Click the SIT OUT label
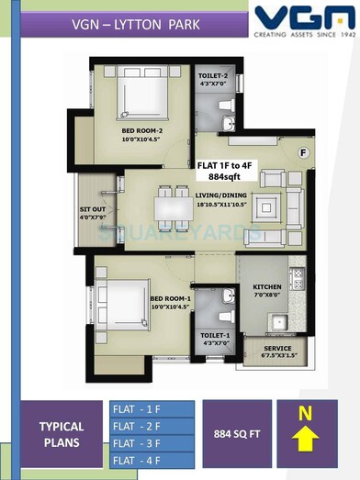(x=95, y=212)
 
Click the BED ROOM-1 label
(x=170, y=300)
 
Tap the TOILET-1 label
(x=216, y=337)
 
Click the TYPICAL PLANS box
(x=62, y=434)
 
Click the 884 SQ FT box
(x=235, y=427)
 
